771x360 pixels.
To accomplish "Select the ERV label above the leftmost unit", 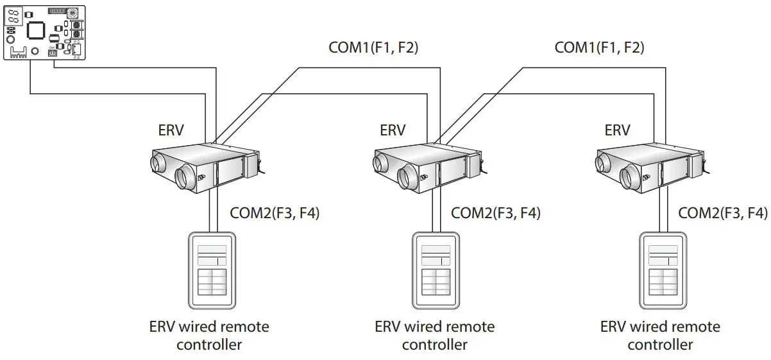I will (x=171, y=130).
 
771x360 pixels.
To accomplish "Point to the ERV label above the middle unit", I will (x=393, y=130).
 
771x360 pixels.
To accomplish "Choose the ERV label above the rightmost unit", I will (x=617, y=130).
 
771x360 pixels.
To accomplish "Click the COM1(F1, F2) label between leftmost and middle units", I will (x=373, y=47).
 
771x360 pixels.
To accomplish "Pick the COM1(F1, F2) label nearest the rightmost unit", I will (x=599, y=47).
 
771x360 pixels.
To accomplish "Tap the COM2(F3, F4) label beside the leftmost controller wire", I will (x=274, y=213).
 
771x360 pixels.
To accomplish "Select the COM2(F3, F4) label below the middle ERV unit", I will (x=495, y=213).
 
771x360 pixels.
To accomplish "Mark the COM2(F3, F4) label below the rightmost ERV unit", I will (x=722, y=213).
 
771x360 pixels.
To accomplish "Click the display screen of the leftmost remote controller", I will (x=212, y=255).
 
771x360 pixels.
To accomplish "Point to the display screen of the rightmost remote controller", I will (x=663, y=255).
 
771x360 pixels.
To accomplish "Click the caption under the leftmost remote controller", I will (x=209, y=336).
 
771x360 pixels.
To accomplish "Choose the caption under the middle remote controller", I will (x=434, y=336).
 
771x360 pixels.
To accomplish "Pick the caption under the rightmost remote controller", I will (x=660, y=336).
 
